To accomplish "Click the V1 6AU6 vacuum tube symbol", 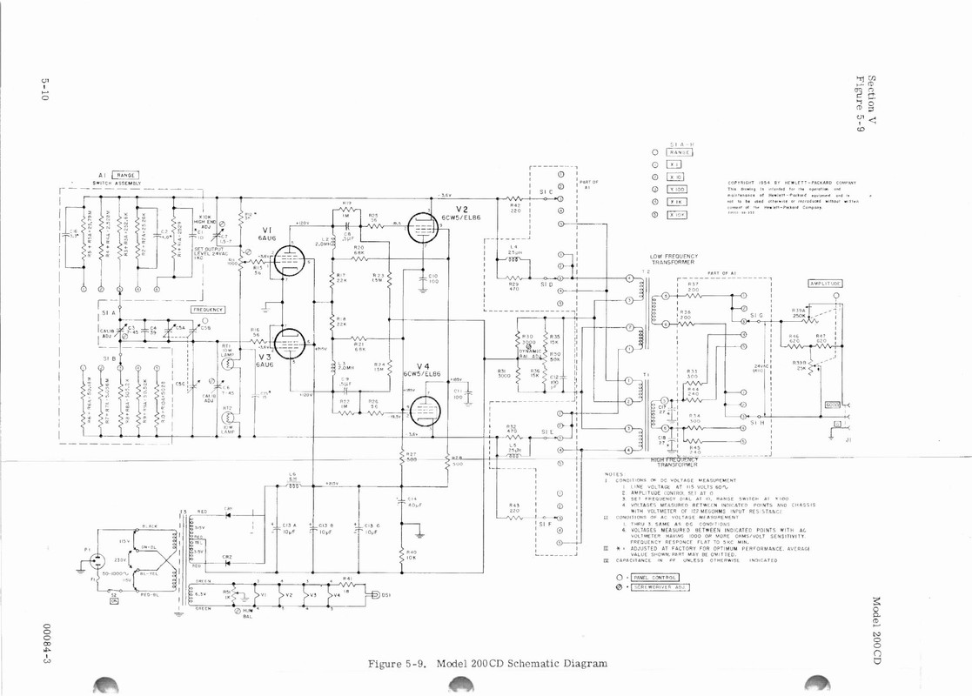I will (289, 260).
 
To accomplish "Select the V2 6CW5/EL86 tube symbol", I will (422, 229).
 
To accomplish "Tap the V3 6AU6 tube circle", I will (289, 343).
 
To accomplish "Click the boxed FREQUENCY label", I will (208, 310).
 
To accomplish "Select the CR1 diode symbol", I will (228, 515).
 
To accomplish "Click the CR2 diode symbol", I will (228, 563).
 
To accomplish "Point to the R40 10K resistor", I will (402, 554).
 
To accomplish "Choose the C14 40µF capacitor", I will (402, 503).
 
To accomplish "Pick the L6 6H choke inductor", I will (292, 485).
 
